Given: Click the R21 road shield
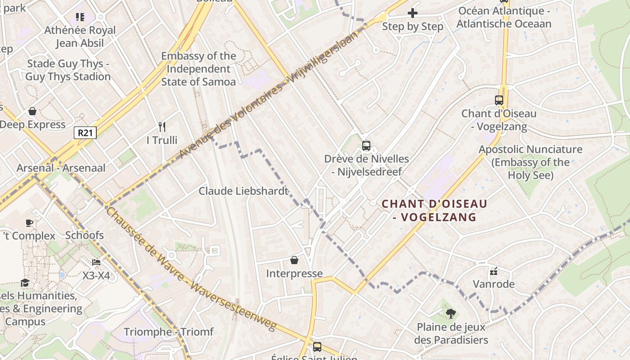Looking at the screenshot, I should pos(85,132).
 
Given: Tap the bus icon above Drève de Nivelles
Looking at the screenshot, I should pos(366,146).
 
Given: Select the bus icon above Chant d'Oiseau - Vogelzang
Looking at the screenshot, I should pos(499,100).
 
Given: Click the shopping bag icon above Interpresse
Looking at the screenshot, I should pos(294,260).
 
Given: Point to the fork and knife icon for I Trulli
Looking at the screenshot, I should pos(162,127).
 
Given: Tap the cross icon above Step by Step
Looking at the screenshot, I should pos(412,13).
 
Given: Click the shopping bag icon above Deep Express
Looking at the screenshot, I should pos(32,111).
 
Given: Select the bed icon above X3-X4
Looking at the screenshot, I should pos(96,262).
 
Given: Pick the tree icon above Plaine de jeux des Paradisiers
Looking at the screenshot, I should pos(450,313).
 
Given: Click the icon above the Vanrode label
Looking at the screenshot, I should pos(494,271).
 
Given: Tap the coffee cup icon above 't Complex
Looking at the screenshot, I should pos(29,223).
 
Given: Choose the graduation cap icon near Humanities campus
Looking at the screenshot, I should pos(25,283).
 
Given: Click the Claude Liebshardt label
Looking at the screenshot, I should pos(243,191).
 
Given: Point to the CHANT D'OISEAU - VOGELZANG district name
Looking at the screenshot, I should pos(434,210).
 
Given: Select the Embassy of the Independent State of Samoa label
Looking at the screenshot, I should pos(198,69).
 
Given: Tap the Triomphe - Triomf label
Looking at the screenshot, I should pos(168,332).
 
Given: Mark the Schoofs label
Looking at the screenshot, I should pos(85,235).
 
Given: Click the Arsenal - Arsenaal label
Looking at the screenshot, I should pos(61,168).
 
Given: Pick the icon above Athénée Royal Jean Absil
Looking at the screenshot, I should pos(80,17).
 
